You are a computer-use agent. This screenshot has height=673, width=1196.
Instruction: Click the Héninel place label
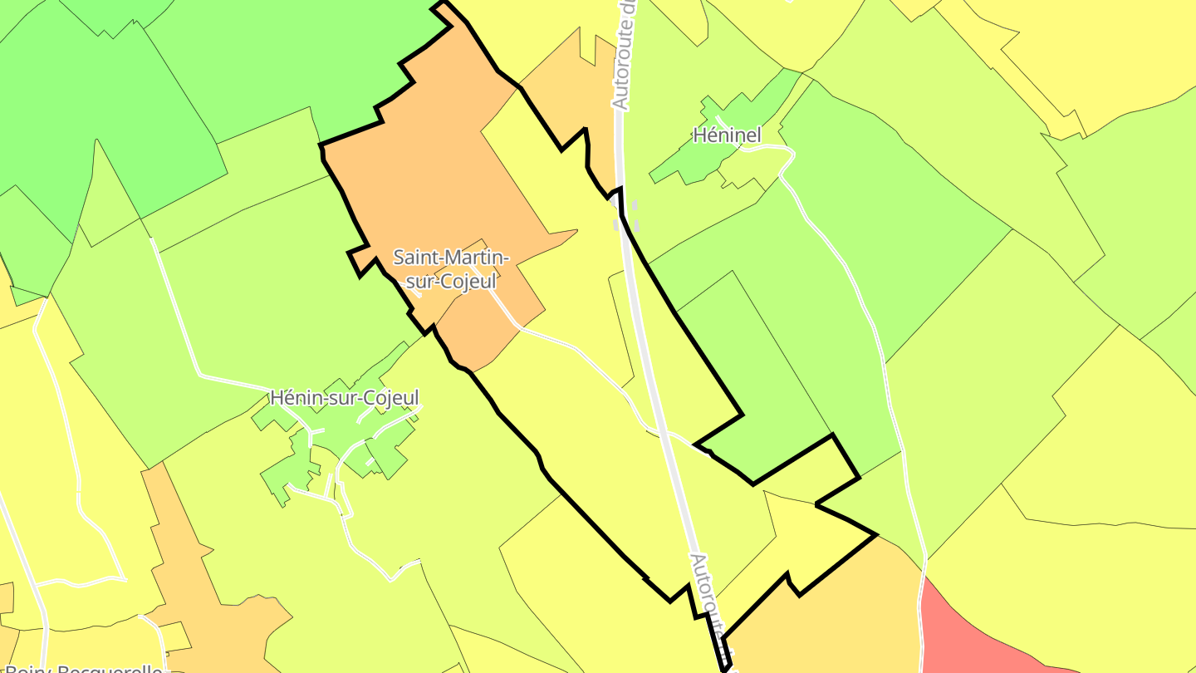[727, 135]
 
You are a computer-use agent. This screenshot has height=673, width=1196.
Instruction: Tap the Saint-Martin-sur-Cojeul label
[451, 269]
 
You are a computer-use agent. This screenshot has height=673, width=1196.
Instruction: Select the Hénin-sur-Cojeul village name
[345, 398]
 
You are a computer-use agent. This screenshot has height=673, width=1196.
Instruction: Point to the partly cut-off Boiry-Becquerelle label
[83, 667]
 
